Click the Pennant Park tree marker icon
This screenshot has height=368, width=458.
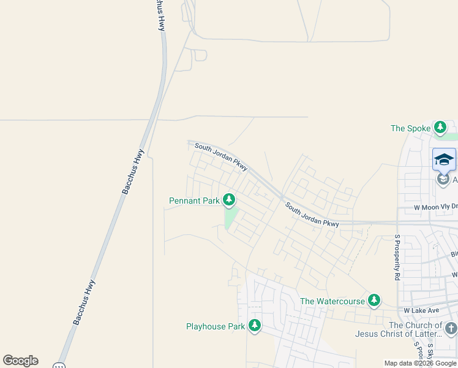(x=229, y=199)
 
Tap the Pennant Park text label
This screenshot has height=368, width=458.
(x=194, y=201)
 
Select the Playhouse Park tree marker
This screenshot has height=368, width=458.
(x=254, y=326)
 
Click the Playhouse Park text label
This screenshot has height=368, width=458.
(x=216, y=327)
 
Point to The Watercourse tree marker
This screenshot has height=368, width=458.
(x=374, y=301)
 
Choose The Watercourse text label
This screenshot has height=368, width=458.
(x=332, y=301)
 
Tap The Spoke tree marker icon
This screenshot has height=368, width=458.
(x=440, y=128)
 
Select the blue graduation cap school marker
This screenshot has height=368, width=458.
(x=444, y=160)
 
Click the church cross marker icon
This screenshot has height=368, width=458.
(x=451, y=329)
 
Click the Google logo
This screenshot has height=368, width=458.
(x=21, y=361)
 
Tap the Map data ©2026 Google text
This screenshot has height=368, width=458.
(x=420, y=363)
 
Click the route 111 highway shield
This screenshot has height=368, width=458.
(x=59, y=366)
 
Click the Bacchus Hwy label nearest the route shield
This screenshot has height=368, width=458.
(x=85, y=302)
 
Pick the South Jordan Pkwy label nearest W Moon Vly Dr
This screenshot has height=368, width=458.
(x=312, y=216)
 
